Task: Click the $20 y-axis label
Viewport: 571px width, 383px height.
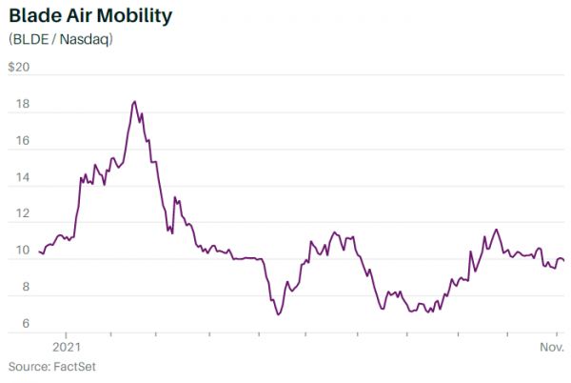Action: (x=19, y=68)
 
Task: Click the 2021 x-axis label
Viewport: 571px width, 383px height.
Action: (x=66, y=347)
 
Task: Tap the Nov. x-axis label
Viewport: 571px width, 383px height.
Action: (x=554, y=347)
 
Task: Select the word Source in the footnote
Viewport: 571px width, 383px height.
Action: (x=29, y=367)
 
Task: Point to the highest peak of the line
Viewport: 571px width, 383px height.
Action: (x=134, y=101)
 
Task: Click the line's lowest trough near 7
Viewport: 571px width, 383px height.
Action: (x=278, y=314)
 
